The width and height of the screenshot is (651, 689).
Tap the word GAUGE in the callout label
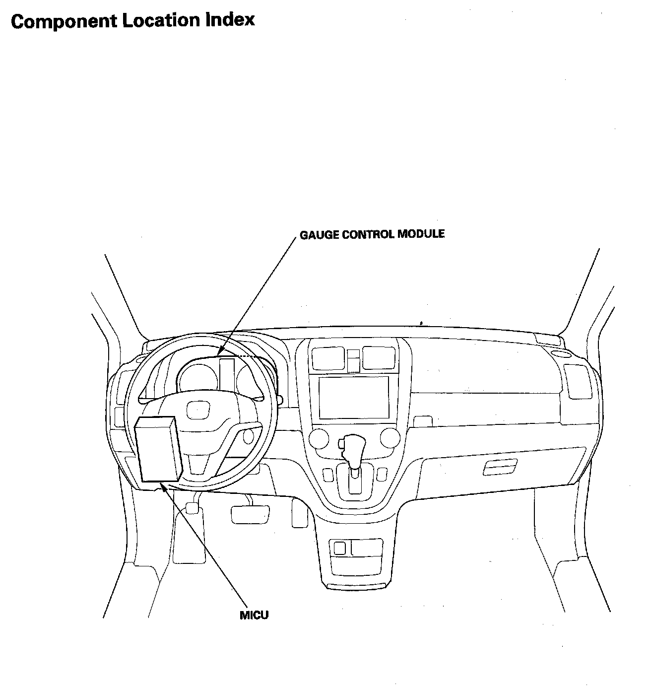coord(316,234)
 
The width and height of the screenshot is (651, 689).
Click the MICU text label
coord(254,616)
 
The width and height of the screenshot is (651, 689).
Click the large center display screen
coord(354,397)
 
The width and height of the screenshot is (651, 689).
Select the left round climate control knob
coord(319,438)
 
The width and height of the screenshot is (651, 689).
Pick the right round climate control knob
coord(390,438)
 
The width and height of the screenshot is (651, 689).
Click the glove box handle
coord(500,467)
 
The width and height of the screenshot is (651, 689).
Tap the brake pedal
coord(250,514)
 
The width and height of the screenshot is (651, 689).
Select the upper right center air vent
coord(380,357)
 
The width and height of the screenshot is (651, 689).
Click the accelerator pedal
coord(300,513)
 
